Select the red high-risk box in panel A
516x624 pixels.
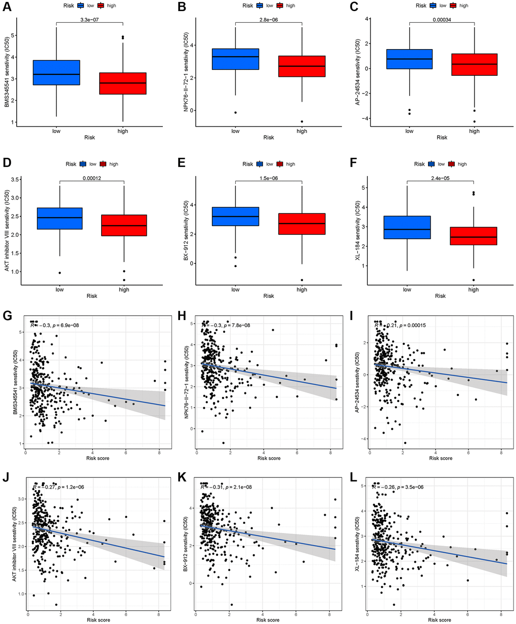123,83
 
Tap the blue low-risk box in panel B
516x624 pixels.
235,59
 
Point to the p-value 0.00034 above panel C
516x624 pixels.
442,20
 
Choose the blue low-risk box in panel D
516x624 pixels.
60,218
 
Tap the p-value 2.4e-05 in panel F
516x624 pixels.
440,178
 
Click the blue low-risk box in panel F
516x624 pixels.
407,227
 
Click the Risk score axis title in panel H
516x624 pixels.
269,458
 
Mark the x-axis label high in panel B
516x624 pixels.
302,131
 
